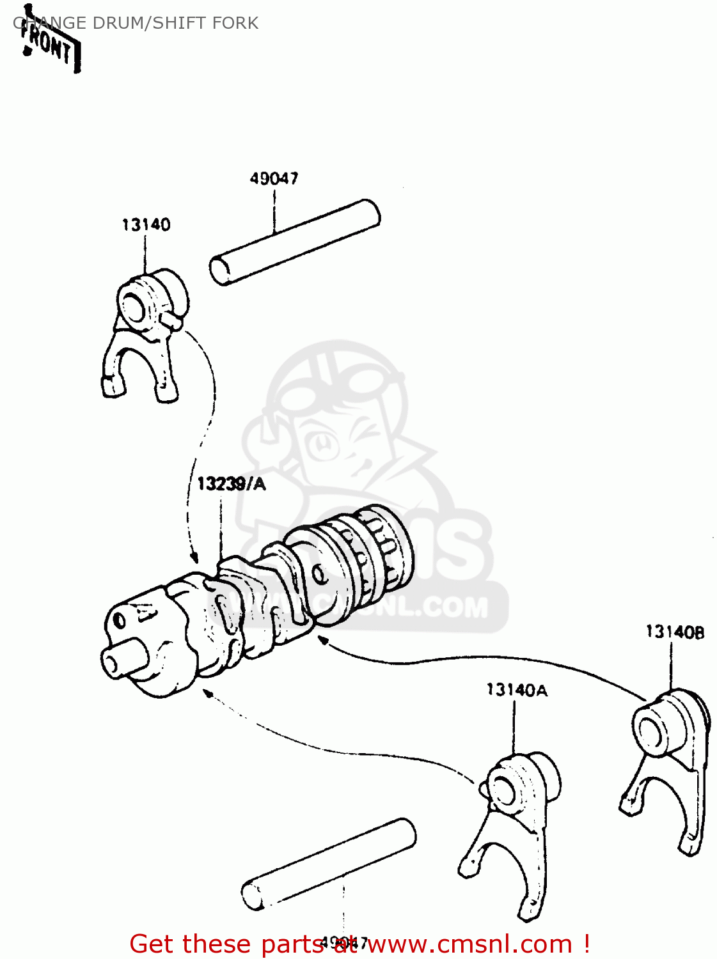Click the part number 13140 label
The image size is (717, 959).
coord(146,225)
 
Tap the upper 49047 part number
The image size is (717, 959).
coord(274,178)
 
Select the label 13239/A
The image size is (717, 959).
coord(231,484)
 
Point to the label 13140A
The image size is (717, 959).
coord(516,690)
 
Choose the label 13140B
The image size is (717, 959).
coord(674,632)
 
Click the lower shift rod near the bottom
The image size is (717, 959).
coord(329,862)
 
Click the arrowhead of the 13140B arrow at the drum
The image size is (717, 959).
coord(324,640)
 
